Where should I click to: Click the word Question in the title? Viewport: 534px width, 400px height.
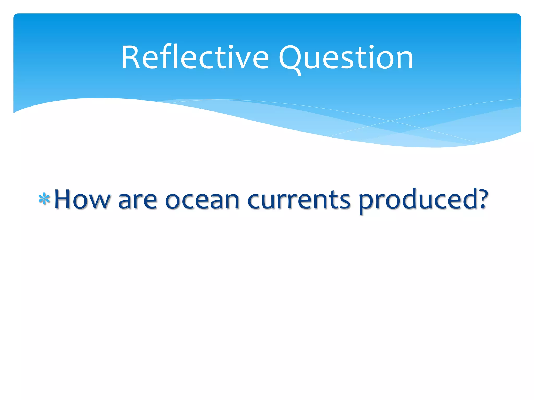pyautogui.click(x=346, y=58)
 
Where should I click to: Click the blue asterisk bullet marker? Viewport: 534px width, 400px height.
pyautogui.click(x=44, y=199)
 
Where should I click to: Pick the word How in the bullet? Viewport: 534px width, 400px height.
pyautogui.click(x=82, y=199)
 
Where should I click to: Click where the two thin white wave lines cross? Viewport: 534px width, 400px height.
pyautogui.click(x=390, y=121)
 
